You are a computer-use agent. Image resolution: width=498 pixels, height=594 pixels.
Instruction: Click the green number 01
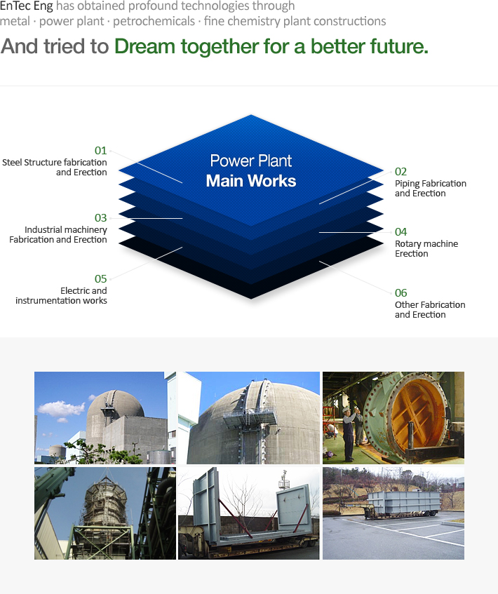100,151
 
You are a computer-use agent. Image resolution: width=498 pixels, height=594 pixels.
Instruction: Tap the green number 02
401,172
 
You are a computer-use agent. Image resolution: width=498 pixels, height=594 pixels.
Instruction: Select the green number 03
100,218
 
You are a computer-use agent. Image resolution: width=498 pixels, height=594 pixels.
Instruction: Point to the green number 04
401,232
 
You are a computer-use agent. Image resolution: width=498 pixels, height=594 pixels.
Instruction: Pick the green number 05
100,279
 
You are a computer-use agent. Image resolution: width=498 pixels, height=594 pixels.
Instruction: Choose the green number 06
401,293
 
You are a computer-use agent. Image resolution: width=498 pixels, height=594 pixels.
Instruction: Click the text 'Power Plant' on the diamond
251,161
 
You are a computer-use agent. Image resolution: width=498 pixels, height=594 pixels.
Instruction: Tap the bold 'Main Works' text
251,181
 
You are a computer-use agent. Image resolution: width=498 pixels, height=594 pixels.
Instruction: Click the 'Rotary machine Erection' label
426,248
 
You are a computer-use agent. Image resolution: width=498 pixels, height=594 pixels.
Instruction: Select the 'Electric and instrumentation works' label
62,295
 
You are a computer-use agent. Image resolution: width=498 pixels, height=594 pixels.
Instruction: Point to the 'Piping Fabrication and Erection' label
431,188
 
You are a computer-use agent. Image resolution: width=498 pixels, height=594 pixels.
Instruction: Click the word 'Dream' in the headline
144,46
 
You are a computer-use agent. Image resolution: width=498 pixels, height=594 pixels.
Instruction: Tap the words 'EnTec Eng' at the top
27,6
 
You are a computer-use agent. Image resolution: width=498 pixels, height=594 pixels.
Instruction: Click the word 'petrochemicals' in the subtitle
154,21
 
